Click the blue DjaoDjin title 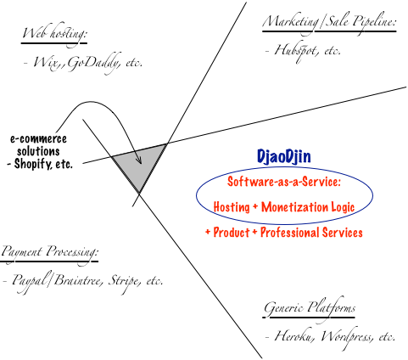pyautogui.click(x=283, y=156)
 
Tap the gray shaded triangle pyautogui.click(x=139, y=165)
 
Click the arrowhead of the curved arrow pyautogui.click(x=139, y=160)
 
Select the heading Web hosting pyautogui.click(x=54, y=35)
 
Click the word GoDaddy pyautogui.click(x=92, y=63)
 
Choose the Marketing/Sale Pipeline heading pyautogui.click(x=329, y=23)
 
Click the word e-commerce pyautogui.click(x=38, y=139)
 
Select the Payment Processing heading pyautogui.click(x=49, y=252)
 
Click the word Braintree pyautogui.click(x=76, y=280)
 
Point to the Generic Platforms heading pyautogui.click(x=310, y=308)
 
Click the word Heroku pyautogui.click(x=294, y=336)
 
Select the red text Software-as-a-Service pyautogui.click(x=284, y=182)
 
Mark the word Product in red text pyautogui.click(x=232, y=233)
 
